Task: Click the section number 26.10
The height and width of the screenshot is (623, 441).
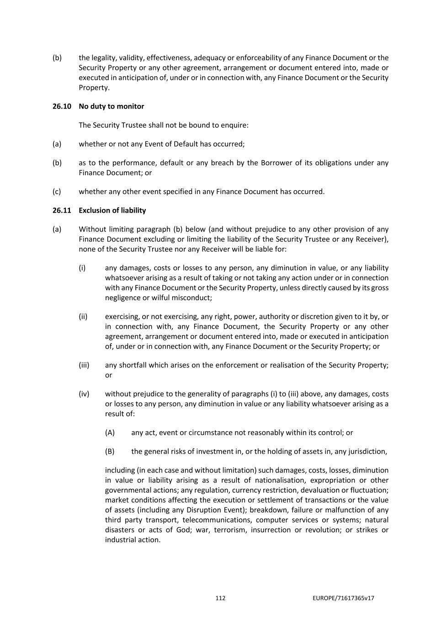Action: tap(62, 106)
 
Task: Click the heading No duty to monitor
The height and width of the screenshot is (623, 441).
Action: tap(111, 106)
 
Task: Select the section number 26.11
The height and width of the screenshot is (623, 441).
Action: tap(62, 210)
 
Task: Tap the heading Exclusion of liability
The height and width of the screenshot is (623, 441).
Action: tap(112, 210)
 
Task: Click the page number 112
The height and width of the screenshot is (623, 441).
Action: tap(220, 598)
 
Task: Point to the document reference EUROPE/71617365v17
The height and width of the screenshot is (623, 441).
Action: tap(344, 598)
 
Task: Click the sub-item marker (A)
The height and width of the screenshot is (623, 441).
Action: tap(110, 433)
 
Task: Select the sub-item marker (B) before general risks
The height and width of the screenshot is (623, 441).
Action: tap(110, 451)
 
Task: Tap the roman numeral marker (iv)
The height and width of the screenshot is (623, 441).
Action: tap(84, 394)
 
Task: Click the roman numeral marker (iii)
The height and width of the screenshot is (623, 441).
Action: tap(84, 365)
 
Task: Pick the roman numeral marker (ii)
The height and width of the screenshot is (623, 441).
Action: tap(83, 317)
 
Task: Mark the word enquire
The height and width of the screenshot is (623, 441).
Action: tap(234, 125)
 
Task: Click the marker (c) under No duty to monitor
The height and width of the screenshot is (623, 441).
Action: tap(57, 192)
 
